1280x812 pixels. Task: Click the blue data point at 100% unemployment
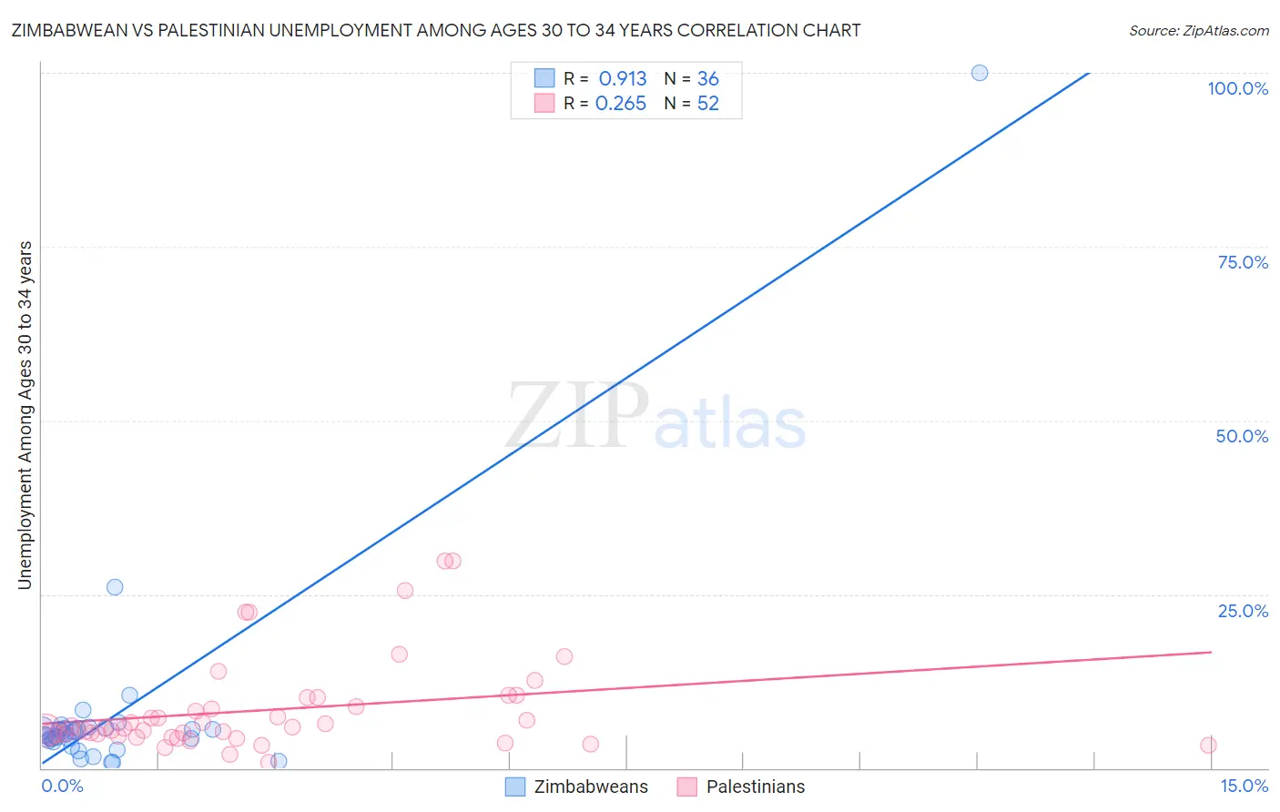(x=980, y=73)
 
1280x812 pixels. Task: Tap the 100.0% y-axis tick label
(x=1237, y=88)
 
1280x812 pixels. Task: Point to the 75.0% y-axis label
(x=1243, y=262)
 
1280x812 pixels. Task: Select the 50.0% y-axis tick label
(x=1242, y=436)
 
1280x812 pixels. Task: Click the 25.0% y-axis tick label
(x=1243, y=611)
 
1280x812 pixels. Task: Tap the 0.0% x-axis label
(x=62, y=786)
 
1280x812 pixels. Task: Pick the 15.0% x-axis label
(x=1244, y=786)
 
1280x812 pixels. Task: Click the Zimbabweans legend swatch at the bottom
(x=515, y=787)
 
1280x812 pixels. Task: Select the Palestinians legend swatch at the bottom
(x=687, y=787)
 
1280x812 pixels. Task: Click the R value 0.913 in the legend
(x=623, y=79)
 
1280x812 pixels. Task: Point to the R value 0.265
(x=621, y=104)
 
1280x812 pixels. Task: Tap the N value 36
(x=708, y=79)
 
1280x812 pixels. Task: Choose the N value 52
(x=708, y=104)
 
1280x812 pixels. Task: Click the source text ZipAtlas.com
(x=1224, y=31)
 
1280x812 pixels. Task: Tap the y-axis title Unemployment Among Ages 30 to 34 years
(x=25, y=415)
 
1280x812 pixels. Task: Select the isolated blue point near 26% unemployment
(x=115, y=587)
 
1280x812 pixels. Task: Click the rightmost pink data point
(x=1208, y=746)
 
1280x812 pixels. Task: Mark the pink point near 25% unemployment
(x=405, y=591)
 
